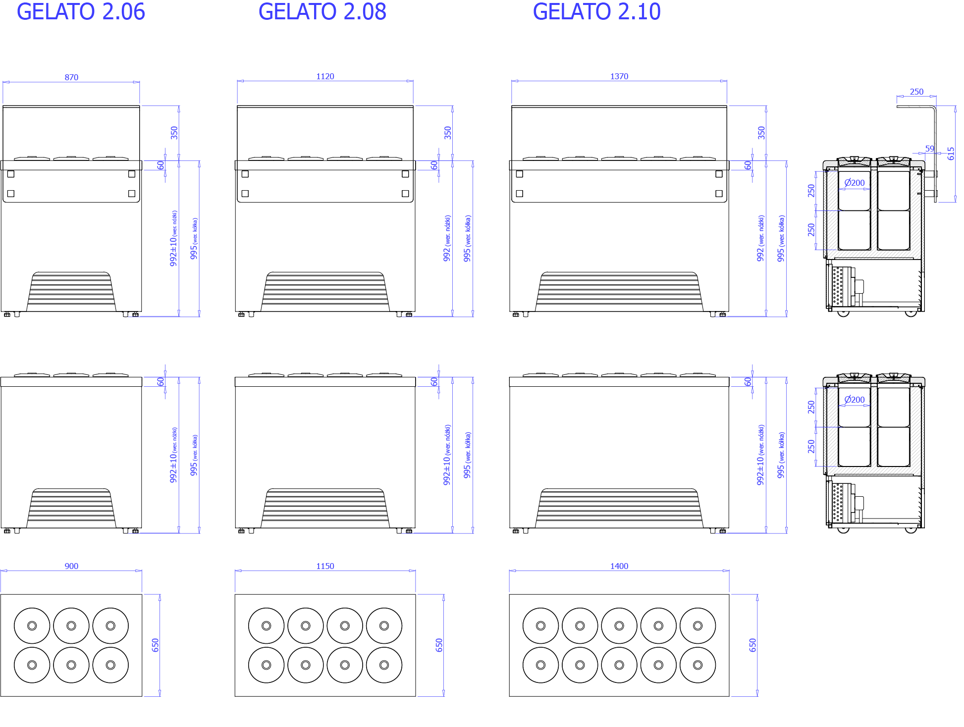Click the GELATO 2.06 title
81,11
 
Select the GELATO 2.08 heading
322,11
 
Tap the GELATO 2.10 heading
597,11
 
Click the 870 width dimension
71,77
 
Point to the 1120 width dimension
325,76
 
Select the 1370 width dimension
619,76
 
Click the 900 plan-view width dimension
71,566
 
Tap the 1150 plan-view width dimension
325,566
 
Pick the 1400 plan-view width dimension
619,566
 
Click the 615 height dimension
951,154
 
